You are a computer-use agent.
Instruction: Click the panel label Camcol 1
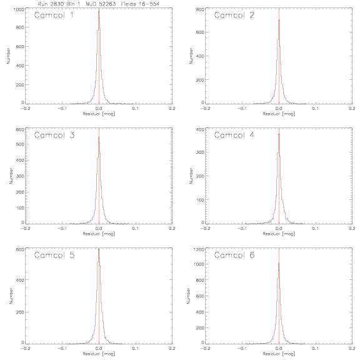click(54, 15)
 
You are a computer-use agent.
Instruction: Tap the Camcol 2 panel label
click(234, 15)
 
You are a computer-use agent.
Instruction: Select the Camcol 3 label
click(54, 135)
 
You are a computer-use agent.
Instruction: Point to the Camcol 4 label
click(234, 135)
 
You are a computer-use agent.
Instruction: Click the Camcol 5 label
click(54, 255)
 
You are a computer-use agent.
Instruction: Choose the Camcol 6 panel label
click(234, 255)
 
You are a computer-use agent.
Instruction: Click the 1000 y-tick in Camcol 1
click(19, 9)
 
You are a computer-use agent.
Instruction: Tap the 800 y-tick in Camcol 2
click(200, 9)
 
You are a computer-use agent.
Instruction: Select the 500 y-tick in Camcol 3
click(20, 144)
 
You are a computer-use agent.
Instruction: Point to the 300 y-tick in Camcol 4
click(200, 152)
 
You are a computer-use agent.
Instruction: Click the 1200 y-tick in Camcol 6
click(199, 249)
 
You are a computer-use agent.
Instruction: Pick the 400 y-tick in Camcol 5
click(20, 279)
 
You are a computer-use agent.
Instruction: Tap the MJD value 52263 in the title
click(108, 4)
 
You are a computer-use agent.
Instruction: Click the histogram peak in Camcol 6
click(279, 263)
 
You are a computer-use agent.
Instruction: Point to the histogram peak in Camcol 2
click(279, 20)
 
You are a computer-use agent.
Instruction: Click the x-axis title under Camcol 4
click(279, 234)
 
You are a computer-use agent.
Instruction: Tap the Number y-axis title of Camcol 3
click(11, 176)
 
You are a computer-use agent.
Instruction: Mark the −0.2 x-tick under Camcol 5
click(25, 348)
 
